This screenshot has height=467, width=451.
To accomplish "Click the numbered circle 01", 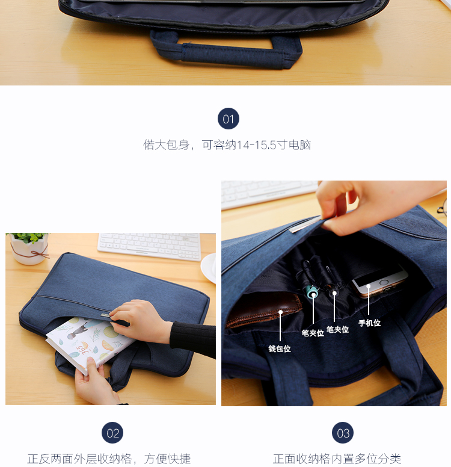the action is [x=229, y=119].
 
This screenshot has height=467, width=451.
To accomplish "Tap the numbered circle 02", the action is [x=112, y=433].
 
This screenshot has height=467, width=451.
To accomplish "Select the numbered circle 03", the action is [x=343, y=433].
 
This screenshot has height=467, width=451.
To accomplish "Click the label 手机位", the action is [x=369, y=323].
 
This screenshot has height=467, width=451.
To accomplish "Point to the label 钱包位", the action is [x=280, y=348].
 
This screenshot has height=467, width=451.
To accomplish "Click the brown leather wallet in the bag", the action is [x=263, y=310].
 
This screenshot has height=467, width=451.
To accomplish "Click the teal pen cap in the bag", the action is [x=312, y=292].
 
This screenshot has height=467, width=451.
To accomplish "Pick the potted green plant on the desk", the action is [x=29, y=248].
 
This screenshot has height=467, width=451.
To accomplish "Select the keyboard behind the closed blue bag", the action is [x=150, y=246].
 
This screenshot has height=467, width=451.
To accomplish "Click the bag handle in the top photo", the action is [x=226, y=50].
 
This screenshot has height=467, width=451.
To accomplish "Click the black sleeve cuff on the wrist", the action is [x=192, y=338].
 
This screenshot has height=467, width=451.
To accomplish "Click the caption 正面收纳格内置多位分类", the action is [x=337, y=459].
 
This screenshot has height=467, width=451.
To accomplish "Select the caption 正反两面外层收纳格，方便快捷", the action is [x=109, y=459].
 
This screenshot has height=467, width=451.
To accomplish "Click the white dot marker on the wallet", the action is [x=280, y=312].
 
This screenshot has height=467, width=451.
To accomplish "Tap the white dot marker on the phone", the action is [x=369, y=286].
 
